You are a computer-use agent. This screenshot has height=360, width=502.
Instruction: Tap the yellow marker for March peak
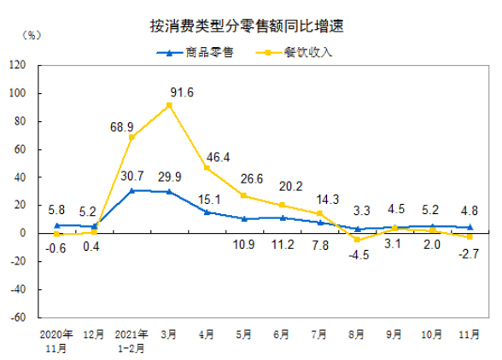(x=169, y=105)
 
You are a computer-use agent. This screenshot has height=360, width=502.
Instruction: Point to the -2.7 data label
(x=470, y=253)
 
